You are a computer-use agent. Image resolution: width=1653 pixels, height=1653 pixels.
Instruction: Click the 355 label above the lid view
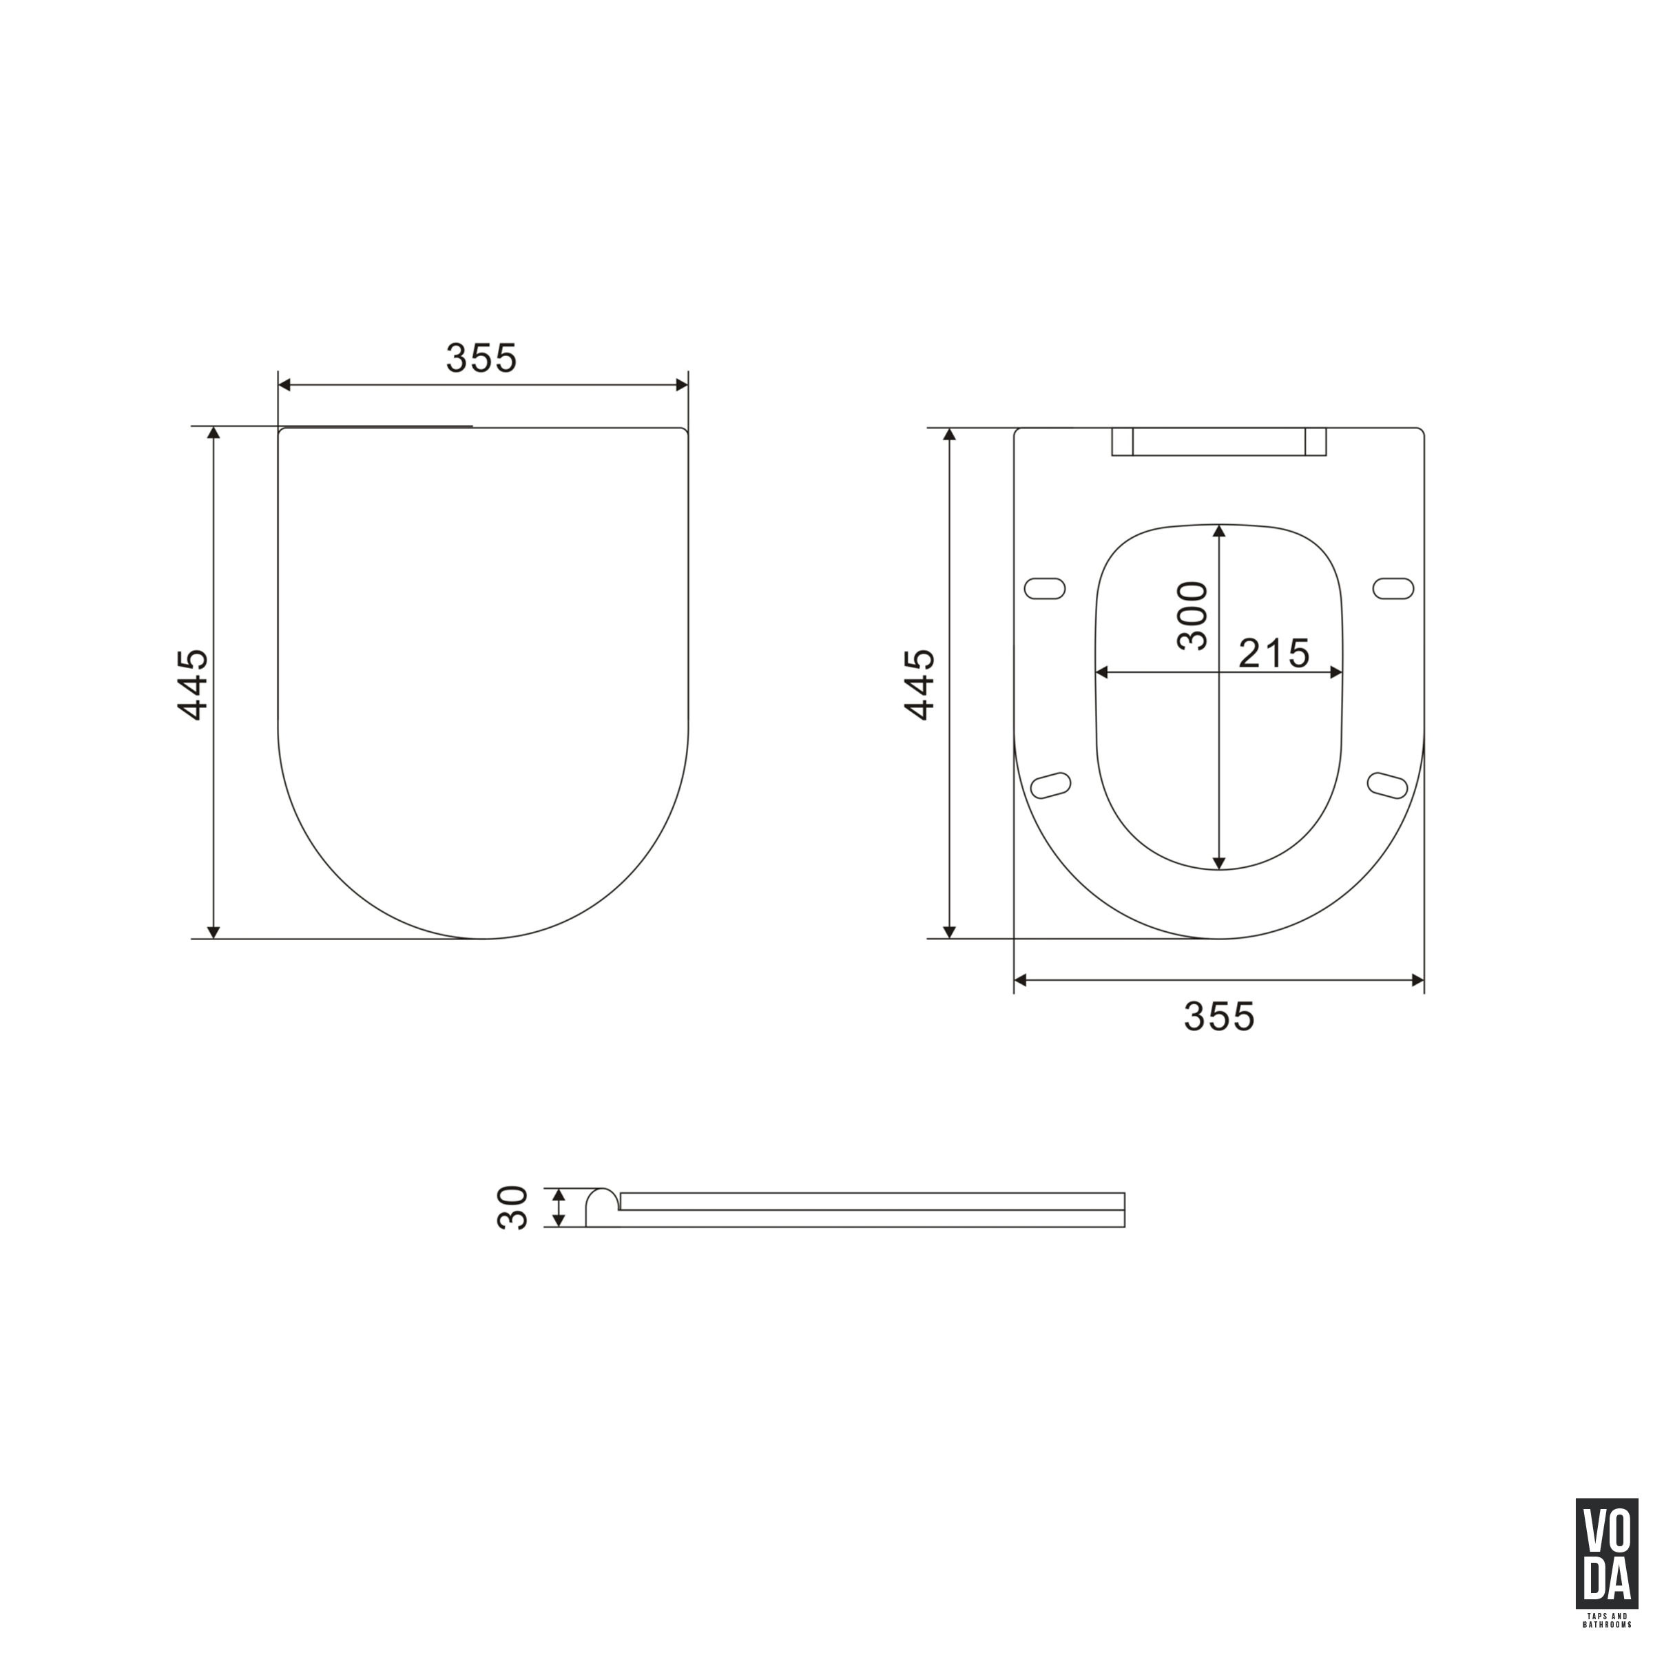coord(481,358)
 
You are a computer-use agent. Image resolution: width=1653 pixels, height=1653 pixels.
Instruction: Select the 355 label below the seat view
coord(1219,1017)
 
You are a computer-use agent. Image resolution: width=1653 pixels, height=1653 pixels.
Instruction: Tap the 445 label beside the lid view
coord(193,684)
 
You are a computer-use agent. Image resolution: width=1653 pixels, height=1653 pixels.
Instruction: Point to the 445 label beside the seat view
coord(919,684)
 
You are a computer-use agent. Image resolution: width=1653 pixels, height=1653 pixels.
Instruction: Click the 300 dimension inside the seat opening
coord(1192,615)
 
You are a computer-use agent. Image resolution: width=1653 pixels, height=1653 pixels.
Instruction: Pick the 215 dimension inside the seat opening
coord(1274,654)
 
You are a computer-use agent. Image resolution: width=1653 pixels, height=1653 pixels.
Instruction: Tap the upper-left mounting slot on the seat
coord(1045,589)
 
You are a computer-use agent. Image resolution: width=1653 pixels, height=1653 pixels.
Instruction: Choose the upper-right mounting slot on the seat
coord(1394,589)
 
